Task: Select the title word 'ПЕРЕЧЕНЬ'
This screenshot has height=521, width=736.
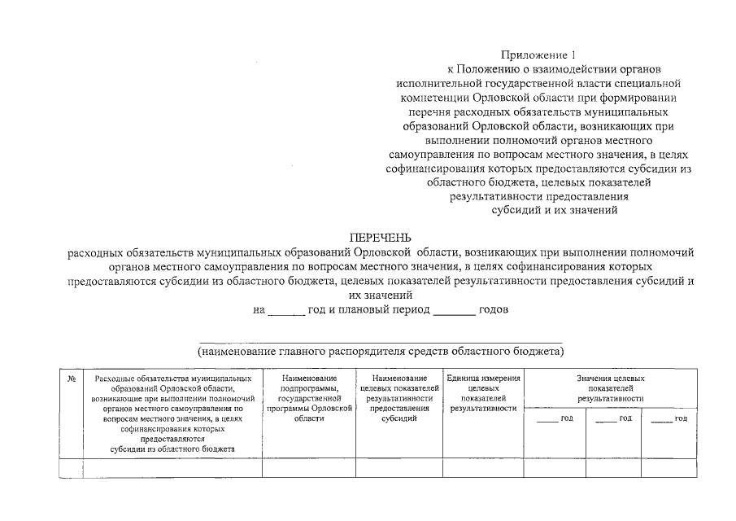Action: tap(381, 238)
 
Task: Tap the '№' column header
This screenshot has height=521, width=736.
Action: tap(72, 379)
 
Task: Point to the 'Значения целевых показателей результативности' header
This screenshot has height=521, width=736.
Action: tap(611, 388)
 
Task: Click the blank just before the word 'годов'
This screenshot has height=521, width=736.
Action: tap(454, 313)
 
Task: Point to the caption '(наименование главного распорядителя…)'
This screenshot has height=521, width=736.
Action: tap(381, 352)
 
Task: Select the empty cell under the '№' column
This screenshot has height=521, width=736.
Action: tap(72, 468)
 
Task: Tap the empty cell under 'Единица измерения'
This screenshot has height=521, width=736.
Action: tap(484, 468)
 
